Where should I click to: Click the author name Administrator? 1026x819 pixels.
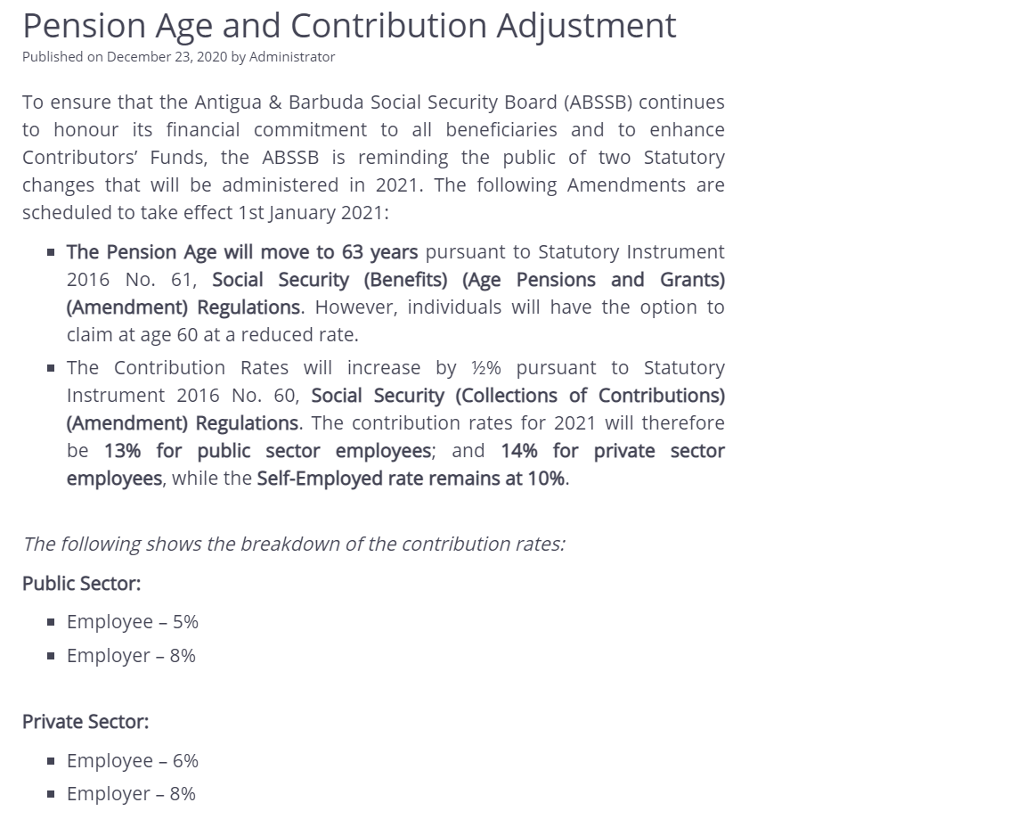(292, 57)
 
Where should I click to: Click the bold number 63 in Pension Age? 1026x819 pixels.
(352, 252)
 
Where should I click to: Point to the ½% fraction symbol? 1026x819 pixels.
(486, 368)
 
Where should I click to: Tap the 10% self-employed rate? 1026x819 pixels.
(545, 479)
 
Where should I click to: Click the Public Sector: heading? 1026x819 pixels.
(81, 584)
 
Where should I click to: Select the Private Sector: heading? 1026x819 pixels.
(85, 722)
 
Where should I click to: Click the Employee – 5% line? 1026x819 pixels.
(132, 622)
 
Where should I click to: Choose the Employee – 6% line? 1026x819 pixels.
(132, 761)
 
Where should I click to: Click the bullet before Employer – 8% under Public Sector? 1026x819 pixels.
(51, 656)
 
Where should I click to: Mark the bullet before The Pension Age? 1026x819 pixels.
(51, 252)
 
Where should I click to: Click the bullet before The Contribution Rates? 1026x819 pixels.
(51, 368)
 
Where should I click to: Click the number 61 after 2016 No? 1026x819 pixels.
(182, 280)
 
